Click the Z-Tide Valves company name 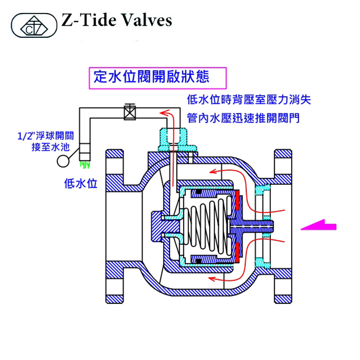click(116, 21)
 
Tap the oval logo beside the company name click(34, 25)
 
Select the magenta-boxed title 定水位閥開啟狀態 click(151, 76)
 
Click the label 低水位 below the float click(81, 183)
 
